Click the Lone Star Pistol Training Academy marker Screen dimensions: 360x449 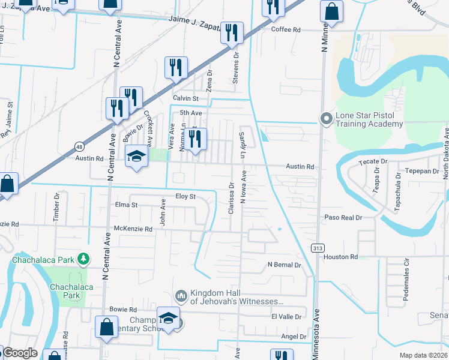[x=327, y=118]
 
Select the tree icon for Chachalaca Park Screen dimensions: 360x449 [x=85, y=260]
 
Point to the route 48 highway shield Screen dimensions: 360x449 [x=79, y=146]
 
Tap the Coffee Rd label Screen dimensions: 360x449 [x=285, y=29]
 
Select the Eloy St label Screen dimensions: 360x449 [x=185, y=196]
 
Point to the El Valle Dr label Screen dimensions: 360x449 [x=286, y=316]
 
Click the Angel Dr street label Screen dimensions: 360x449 [x=294, y=337]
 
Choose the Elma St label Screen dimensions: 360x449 [x=127, y=205]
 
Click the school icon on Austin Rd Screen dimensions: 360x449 [x=136, y=157]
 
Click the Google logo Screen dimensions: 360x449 [x=19, y=353]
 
